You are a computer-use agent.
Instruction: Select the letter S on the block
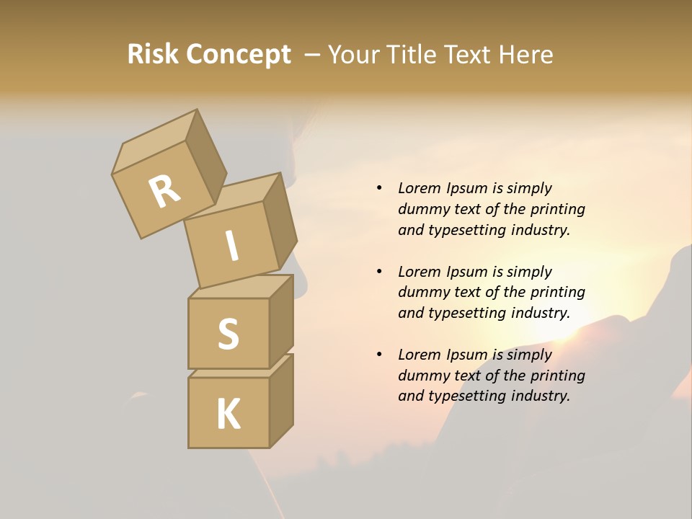(228, 334)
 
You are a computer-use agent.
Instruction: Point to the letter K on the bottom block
(228, 414)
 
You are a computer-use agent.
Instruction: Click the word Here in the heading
(527, 54)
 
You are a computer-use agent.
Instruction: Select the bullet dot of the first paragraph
(379, 188)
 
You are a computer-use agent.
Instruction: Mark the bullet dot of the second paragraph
(379, 272)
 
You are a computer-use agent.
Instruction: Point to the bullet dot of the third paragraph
(379, 355)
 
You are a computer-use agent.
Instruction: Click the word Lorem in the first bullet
(418, 188)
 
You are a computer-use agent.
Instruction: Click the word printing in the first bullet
(557, 209)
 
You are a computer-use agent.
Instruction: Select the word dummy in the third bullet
(420, 376)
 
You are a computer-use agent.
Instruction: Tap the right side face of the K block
(282, 402)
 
